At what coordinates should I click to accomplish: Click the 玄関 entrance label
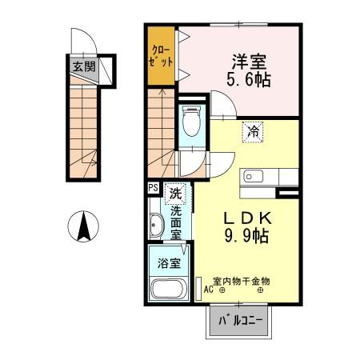[x=82, y=67]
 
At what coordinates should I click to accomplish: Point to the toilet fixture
[x=190, y=122]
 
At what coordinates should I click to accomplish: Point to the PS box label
[x=153, y=189]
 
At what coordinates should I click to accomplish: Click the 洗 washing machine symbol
[x=174, y=192]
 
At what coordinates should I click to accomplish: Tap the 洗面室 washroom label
[x=175, y=223]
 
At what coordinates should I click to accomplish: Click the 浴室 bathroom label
[x=167, y=263]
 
